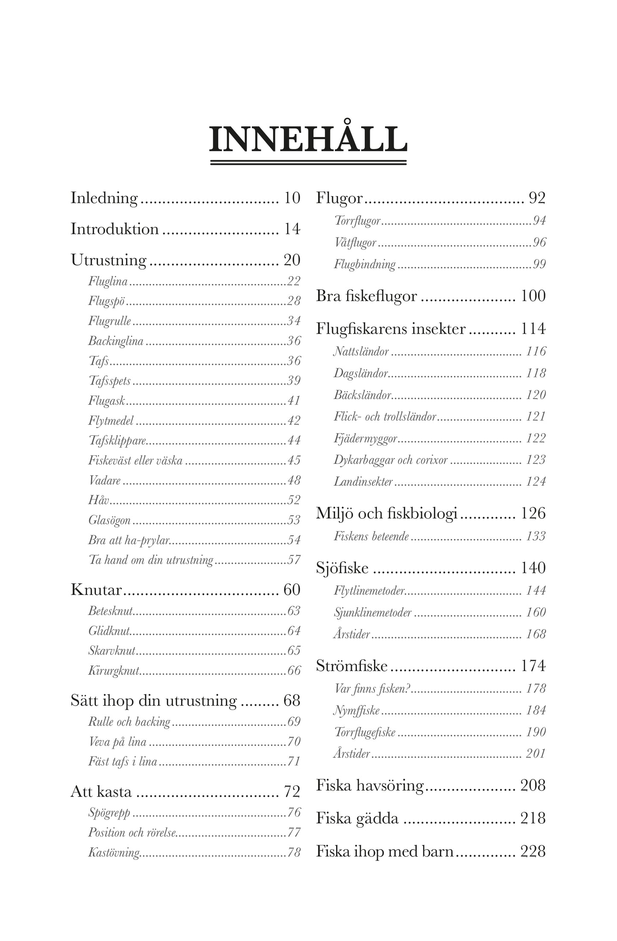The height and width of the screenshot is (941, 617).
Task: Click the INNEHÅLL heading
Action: tap(308, 140)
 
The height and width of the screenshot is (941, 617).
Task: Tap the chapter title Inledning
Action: tap(104, 198)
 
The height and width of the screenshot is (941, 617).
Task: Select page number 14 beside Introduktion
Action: tap(292, 229)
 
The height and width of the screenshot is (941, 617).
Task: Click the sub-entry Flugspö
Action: tap(106, 301)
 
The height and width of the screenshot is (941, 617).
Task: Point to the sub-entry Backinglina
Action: tap(116, 341)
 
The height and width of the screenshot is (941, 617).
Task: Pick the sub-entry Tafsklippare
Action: tap(117, 440)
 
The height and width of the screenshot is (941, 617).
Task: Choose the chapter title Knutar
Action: tap(96, 590)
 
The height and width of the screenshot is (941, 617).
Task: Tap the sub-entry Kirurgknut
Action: tap(114, 671)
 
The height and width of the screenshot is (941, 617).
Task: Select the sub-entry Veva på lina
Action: tap(117, 742)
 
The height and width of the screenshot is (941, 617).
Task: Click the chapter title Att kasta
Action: tap(101, 792)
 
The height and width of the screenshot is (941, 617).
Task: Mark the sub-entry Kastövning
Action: tap(114, 853)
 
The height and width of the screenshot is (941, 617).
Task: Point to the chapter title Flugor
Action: tap(339, 198)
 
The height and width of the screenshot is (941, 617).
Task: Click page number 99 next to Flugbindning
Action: tap(539, 264)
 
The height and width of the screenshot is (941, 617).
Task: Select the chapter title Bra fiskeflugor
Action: tap(366, 296)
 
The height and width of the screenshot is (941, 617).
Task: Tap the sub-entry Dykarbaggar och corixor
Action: tap(390, 460)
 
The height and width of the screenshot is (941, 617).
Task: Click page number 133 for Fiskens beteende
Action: tap(536, 536)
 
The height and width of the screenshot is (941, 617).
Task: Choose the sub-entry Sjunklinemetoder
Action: tap(372, 613)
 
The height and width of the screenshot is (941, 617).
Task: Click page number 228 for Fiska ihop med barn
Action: tap(532, 852)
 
